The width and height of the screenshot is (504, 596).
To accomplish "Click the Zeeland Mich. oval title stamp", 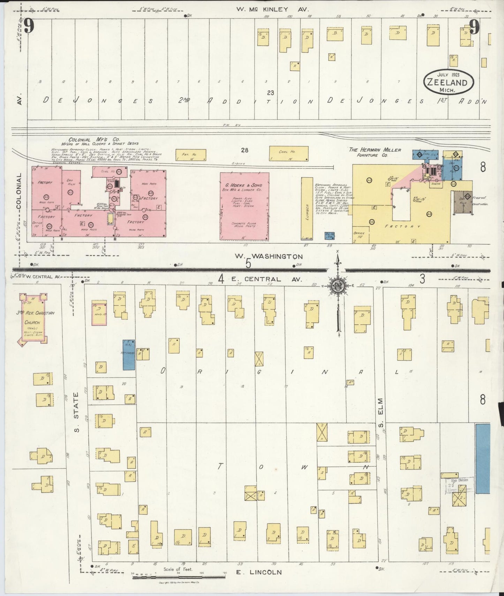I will [x=449, y=83].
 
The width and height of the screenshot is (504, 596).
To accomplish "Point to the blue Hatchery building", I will [x=129, y=354].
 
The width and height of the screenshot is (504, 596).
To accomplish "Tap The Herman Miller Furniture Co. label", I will [x=375, y=152].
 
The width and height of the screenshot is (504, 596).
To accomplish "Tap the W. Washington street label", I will [x=268, y=256].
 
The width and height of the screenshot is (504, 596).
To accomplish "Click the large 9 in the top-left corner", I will [x=29, y=26].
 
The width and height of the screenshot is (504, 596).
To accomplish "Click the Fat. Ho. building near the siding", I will [x=191, y=155].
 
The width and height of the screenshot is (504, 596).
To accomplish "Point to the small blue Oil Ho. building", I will [x=330, y=235].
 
